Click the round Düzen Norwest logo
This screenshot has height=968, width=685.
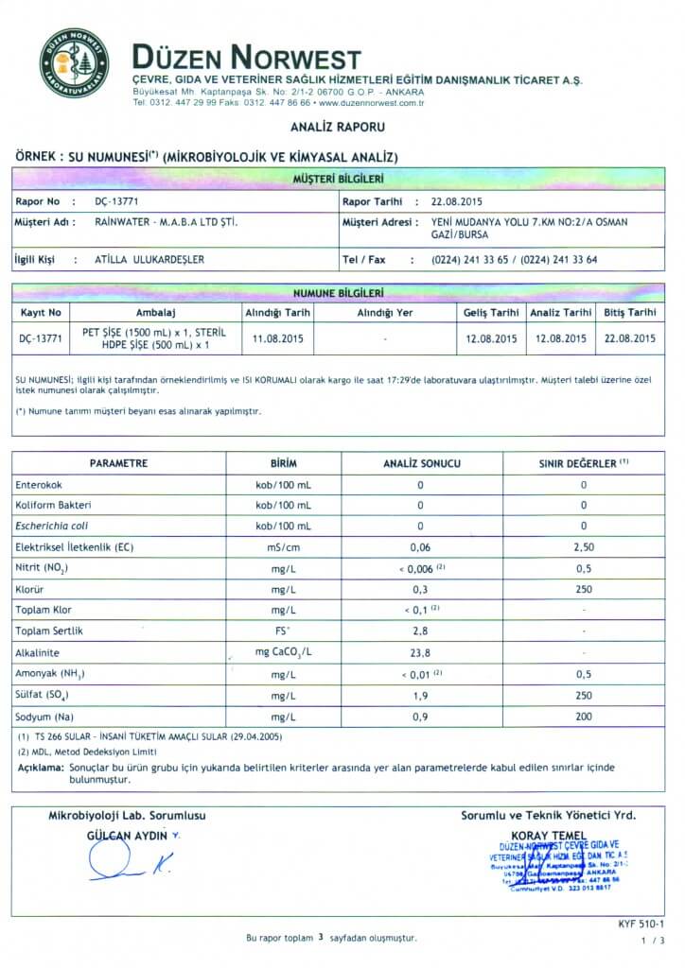click(x=74, y=63)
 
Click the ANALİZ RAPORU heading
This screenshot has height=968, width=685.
click(x=337, y=126)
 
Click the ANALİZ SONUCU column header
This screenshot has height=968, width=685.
click(x=421, y=464)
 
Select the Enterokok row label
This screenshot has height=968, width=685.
click(x=39, y=485)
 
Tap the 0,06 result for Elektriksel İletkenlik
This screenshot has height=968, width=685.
click(x=420, y=547)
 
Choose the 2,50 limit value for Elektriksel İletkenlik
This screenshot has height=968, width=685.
click(x=584, y=547)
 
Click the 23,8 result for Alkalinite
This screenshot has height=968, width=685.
click(x=420, y=652)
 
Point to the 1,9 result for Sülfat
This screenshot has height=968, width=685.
click(x=420, y=696)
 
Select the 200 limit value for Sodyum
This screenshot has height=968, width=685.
click(x=584, y=717)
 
